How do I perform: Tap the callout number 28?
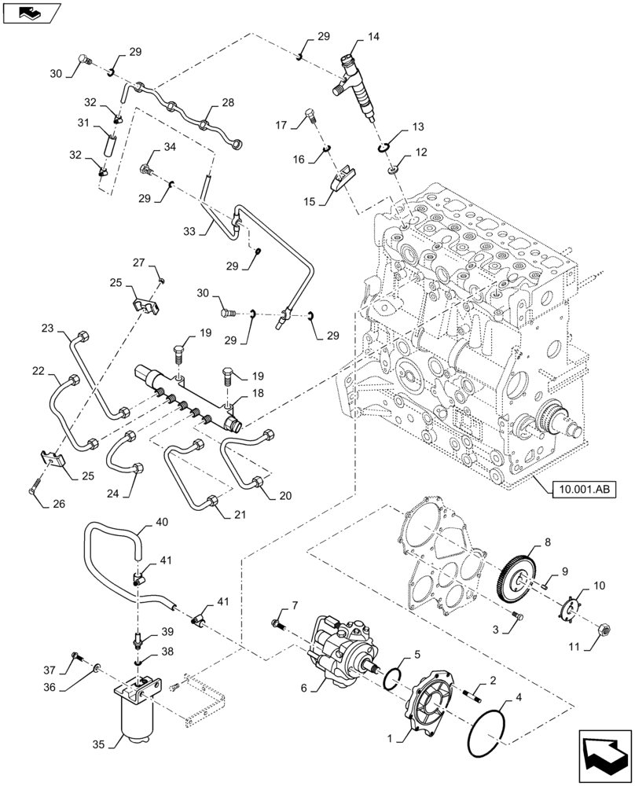(x=227, y=103)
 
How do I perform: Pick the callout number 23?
(x=47, y=328)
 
